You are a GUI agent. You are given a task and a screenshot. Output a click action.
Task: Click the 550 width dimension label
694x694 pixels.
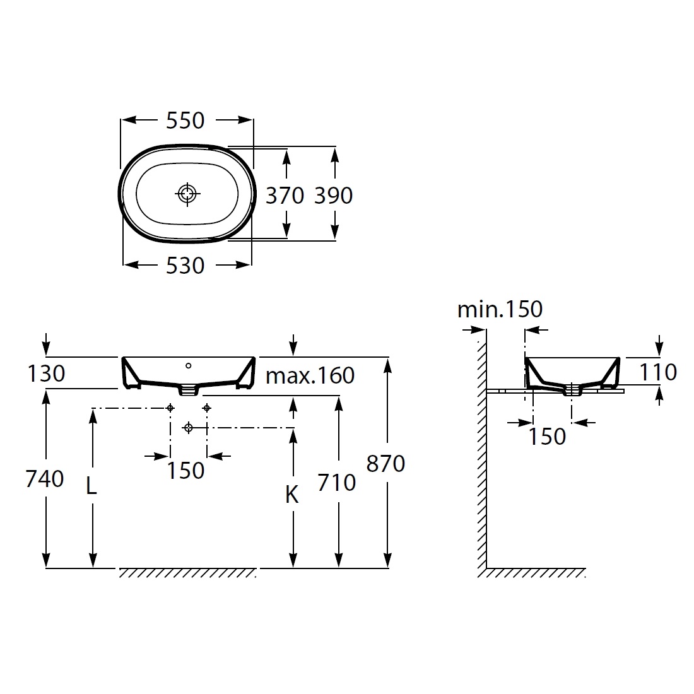pyautogui.click(x=185, y=121)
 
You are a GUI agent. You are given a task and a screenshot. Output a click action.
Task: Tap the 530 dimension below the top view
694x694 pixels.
pyautogui.click(x=185, y=266)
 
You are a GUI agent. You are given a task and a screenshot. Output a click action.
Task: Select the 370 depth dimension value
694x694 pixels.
pyautogui.click(x=285, y=195)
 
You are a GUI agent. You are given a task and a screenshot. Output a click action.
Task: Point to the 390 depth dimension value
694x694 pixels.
pyautogui.click(x=333, y=195)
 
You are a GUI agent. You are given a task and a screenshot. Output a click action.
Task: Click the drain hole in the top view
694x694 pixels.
pyautogui.click(x=187, y=194)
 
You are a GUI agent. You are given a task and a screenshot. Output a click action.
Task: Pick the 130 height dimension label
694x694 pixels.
pyautogui.click(x=46, y=373)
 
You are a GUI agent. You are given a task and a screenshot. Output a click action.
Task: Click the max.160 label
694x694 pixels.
pyautogui.click(x=310, y=375)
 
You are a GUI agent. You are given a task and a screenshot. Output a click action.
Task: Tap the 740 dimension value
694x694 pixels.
pyautogui.click(x=45, y=478)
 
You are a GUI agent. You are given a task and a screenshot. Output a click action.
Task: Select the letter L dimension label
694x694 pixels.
pyautogui.click(x=91, y=486)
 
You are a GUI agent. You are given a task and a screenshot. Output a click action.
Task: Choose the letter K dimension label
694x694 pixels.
pyautogui.click(x=291, y=495)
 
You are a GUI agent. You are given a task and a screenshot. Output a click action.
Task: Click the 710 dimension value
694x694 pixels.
pyautogui.click(x=336, y=483)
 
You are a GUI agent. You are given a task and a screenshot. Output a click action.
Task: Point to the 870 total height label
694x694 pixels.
pyautogui.click(x=385, y=464)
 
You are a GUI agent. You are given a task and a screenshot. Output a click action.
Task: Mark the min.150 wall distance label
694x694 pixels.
pyautogui.click(x=500, y=309)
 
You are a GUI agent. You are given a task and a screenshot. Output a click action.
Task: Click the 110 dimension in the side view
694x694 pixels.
pyautogui.click(x=658, y=372)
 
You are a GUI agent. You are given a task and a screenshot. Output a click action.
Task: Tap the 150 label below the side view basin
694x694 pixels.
pyautogui.click(x=548, y=437)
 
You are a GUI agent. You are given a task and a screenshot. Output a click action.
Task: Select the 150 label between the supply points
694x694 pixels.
pyautogui.click(x=185, y=470)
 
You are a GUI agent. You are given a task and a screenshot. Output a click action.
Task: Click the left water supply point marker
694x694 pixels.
pyautogui.click(x=170, y=408)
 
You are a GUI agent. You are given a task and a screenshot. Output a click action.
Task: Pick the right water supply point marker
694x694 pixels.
pyautogui.click(x=207, y=408)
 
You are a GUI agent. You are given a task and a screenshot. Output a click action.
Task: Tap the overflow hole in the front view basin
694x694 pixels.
pyautogui.click(x=189, y=365)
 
